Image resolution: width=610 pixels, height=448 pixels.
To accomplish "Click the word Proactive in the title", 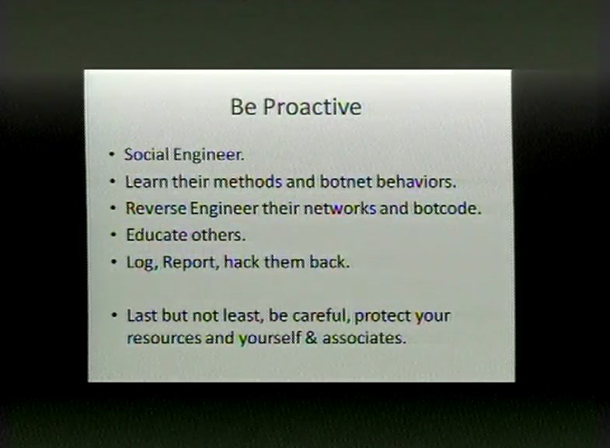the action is (x=312, y=107).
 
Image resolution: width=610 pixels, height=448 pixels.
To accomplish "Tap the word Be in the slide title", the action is (x=243, y=107).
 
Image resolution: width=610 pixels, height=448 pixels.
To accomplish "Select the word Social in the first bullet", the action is (x=147, y=155).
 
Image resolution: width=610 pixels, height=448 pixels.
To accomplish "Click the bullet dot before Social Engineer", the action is (x=112, y=155).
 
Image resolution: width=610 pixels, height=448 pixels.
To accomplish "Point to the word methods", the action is (x=247, y=181).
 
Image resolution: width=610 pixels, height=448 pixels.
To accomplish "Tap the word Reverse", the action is (x=156, y=208).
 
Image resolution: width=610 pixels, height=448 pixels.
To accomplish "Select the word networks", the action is (x=340, y=208).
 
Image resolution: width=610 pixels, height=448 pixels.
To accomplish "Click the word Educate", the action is (x=156, y=235).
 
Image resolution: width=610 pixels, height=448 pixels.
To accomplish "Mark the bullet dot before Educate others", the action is (x=113, y=235).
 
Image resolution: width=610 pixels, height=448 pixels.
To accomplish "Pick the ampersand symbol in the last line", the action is (x=312, y=338).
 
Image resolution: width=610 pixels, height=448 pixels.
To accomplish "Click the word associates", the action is (x=364, y=338).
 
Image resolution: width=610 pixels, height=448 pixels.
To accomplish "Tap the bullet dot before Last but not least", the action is (x=114, y=315).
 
